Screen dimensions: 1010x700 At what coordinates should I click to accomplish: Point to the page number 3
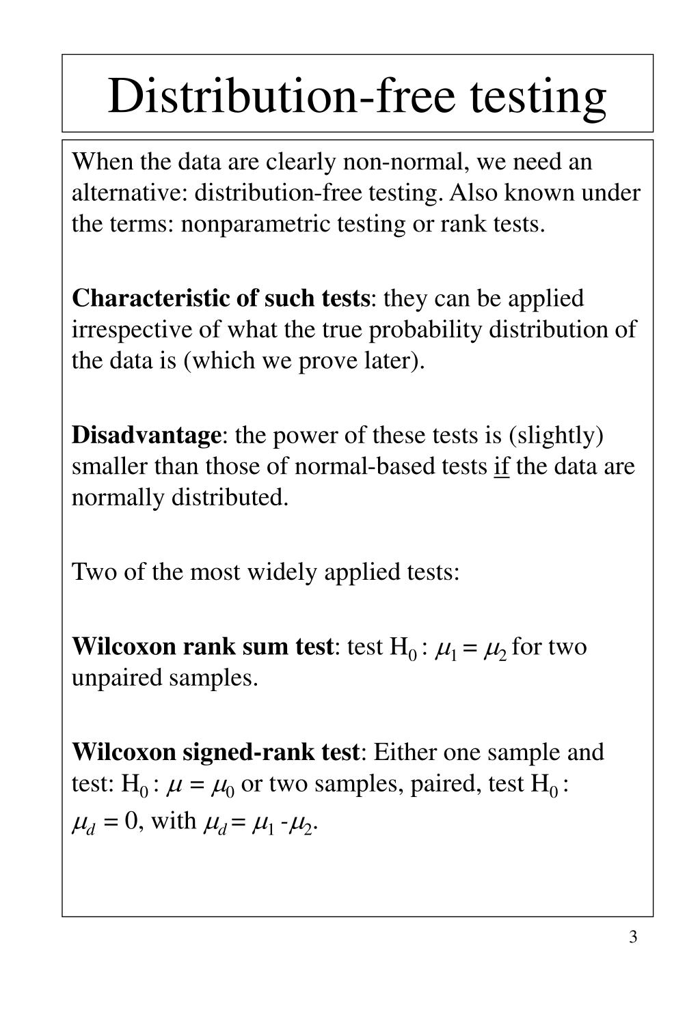click(x=633, y=936)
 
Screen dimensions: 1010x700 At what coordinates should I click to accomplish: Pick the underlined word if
click(x=501, y=466)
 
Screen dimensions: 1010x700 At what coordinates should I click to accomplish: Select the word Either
click(x=405, y=752)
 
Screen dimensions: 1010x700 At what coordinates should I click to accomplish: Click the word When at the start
click(x=102, y=162)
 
